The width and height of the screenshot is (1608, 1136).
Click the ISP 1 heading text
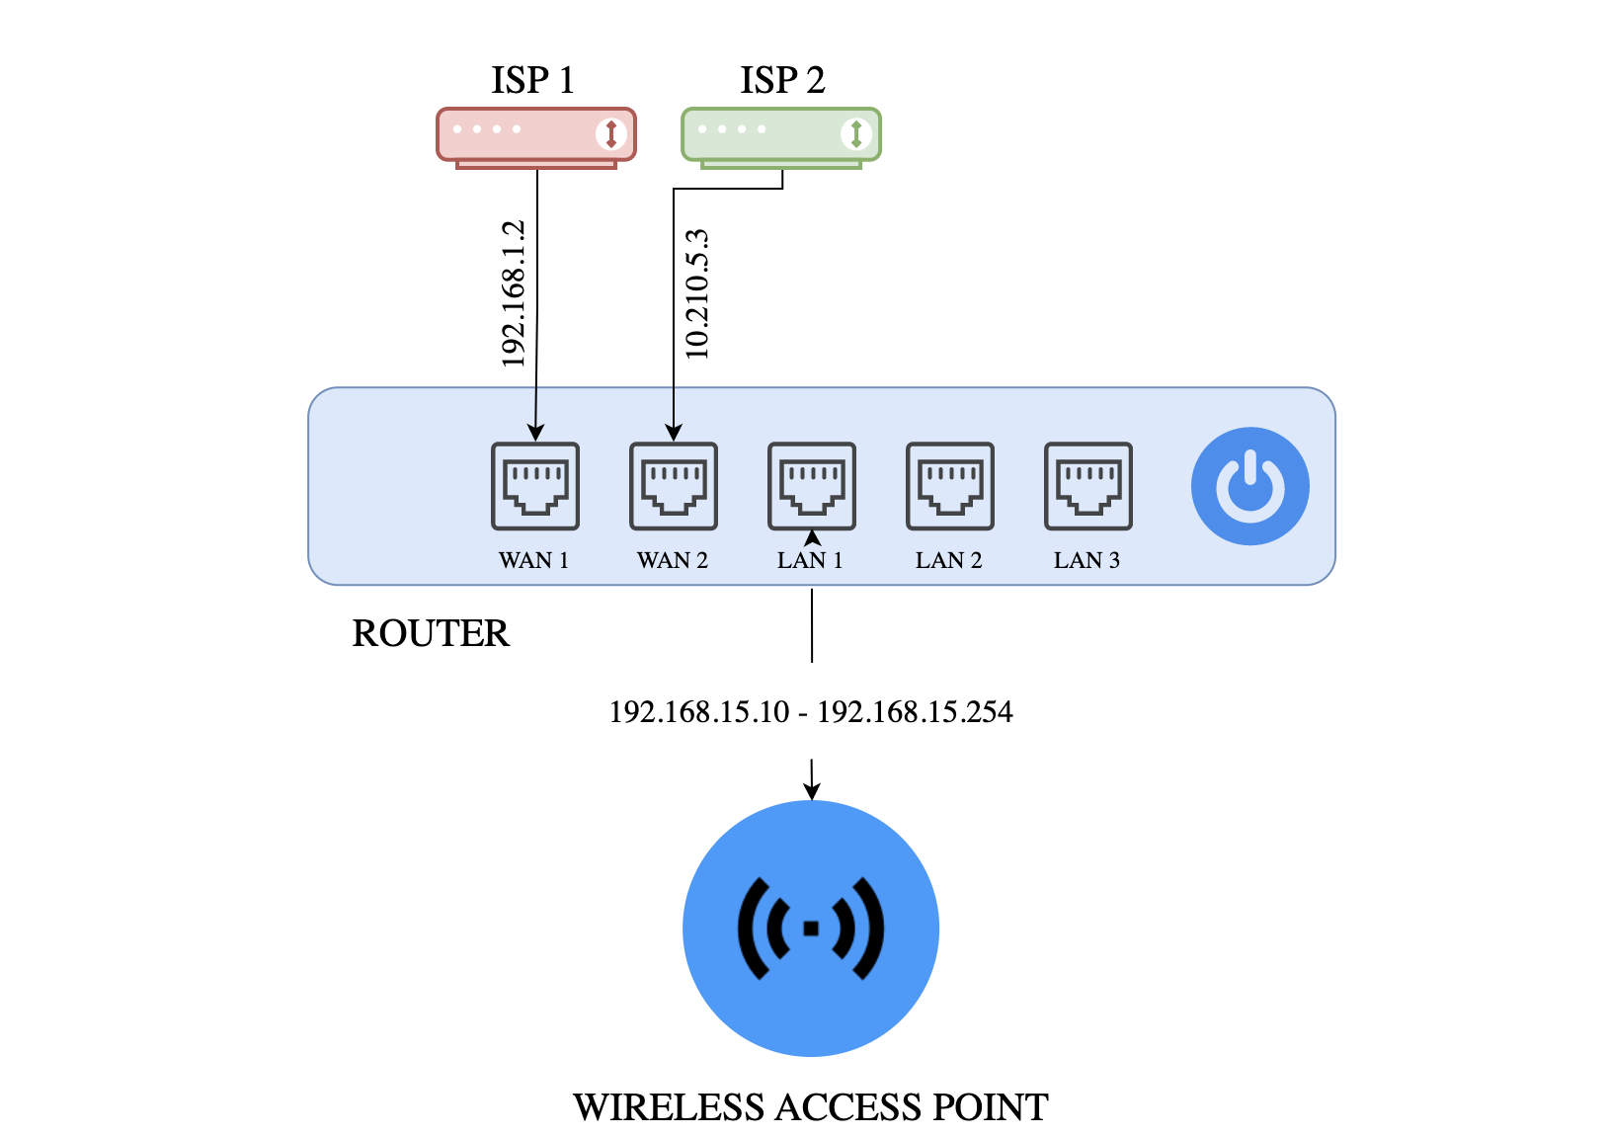point(532,80)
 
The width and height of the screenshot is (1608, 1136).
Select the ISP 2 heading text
point(781,80)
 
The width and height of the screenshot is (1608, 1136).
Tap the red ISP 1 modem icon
point(535,135)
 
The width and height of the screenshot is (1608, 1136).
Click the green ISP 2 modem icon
point(780,135)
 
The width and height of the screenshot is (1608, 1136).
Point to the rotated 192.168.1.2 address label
point(513,294)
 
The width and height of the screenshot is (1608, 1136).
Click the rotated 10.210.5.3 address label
point(697,294)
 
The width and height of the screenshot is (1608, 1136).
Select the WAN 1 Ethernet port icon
point(535,486)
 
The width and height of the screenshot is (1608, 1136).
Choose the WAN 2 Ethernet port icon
point(674,486)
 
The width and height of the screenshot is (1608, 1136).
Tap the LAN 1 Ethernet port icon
point(812,486)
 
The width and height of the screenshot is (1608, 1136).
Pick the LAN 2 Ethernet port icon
point(950,486)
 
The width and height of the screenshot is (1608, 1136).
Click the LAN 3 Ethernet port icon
point(1088,486)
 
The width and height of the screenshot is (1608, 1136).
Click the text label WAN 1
point(533,560)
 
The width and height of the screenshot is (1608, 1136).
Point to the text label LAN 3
point(1086,560)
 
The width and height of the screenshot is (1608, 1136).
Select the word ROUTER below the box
point(431,633)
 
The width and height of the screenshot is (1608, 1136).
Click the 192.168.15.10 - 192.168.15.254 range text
point(811,712)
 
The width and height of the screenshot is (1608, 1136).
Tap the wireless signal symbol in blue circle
point(811,928)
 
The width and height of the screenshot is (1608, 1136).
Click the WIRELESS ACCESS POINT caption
point(811,1107)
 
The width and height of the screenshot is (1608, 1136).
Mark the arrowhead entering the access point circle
point(812,791)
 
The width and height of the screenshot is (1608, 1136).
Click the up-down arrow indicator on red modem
point(611,133)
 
